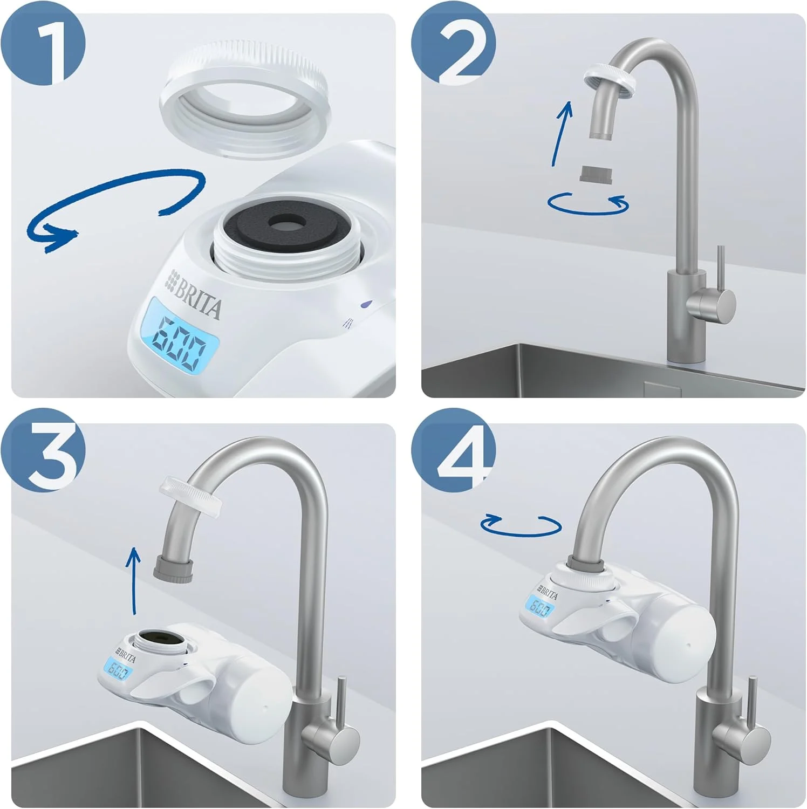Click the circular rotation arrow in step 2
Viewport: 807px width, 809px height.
coord(588,204)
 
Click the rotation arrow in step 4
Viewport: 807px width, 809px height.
coord(521,525)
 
